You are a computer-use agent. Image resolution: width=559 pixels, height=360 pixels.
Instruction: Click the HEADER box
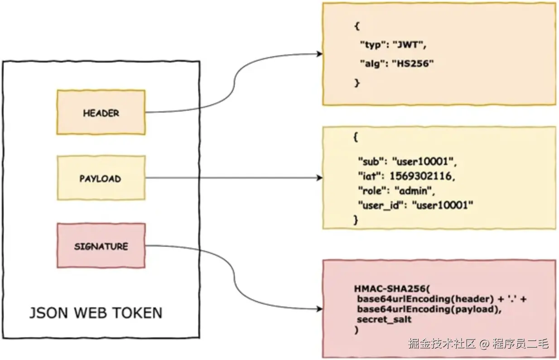tap(101, 112)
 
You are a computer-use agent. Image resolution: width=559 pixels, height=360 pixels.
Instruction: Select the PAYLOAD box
tap(101, 178)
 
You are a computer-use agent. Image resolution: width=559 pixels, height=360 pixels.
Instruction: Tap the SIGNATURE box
tap(101, 246)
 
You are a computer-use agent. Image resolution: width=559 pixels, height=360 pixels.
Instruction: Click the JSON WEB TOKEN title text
tap(96, 313)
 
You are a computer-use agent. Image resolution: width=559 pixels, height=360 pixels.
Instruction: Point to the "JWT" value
tap(407, 45)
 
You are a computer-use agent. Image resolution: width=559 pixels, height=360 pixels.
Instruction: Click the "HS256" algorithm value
tap(413, 63)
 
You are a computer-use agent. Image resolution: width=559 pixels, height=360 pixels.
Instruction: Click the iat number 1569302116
tap(420, 176)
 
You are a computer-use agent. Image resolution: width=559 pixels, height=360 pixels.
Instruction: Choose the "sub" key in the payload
tap(371, 162)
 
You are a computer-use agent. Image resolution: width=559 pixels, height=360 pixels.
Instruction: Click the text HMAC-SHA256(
tap(392, 289)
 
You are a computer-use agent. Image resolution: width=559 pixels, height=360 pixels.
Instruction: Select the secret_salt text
tap(384, 320)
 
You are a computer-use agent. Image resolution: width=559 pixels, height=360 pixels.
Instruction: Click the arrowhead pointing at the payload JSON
tap(319, 178)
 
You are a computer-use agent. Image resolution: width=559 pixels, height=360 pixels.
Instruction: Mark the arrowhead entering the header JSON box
tap(319, 54)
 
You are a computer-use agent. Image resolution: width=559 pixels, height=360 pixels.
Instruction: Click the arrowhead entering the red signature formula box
tap(319, 309)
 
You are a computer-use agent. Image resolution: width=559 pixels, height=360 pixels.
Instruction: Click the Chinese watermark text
tap(478, 344)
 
